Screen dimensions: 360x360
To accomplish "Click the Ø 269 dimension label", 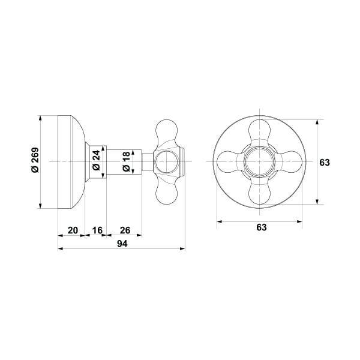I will [x=35, y=162].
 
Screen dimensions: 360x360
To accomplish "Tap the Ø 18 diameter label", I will [x=125, y=162].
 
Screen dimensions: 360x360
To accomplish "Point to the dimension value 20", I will [x=72, y=230].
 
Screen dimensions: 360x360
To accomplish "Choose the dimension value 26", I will [x=125, y=230].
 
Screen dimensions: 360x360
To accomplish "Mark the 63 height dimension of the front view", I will [x=325, y=163].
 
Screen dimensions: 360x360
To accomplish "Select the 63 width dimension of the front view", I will [x=261, y=228].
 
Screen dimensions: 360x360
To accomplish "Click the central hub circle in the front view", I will [x=260, y=162].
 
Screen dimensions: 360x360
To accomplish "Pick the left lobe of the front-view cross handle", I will [x=228, y=162].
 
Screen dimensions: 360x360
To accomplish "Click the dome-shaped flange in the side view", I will [x=71, y=162].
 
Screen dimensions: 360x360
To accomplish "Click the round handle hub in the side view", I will [x=166, y=162].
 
